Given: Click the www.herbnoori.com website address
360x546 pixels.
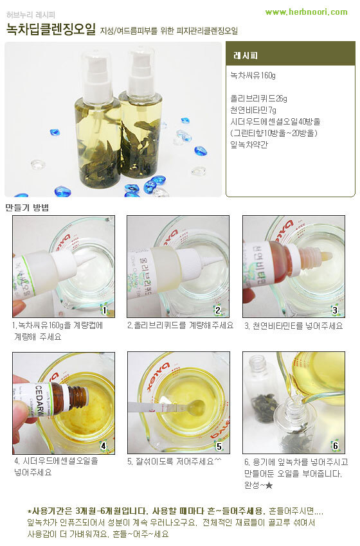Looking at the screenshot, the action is [307, 12].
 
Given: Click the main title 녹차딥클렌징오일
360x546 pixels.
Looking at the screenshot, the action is [51, 30].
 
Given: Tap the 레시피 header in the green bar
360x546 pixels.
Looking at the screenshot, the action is [246, 55].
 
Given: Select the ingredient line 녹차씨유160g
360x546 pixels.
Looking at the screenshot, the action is [253, 76].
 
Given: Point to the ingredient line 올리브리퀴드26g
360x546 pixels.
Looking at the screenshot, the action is [258, 98].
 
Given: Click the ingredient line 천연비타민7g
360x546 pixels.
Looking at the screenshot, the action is [253, 110].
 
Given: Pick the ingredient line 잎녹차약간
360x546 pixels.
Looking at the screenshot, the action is [249, 145].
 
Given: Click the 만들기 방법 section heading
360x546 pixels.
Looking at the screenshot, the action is [27, 208].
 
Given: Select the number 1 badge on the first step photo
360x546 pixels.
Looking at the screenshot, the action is [105, 309].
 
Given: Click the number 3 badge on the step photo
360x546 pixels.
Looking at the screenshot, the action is [335, 310].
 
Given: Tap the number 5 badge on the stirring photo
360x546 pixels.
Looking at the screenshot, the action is [219, 446].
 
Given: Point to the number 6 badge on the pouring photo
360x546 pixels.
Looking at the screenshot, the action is [336, 445].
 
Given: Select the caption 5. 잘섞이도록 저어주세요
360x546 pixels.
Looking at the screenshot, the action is [174, 461].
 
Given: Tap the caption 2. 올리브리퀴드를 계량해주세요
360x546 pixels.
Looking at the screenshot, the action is [180, 326].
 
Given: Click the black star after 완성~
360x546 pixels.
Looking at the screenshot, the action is [269, 485].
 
